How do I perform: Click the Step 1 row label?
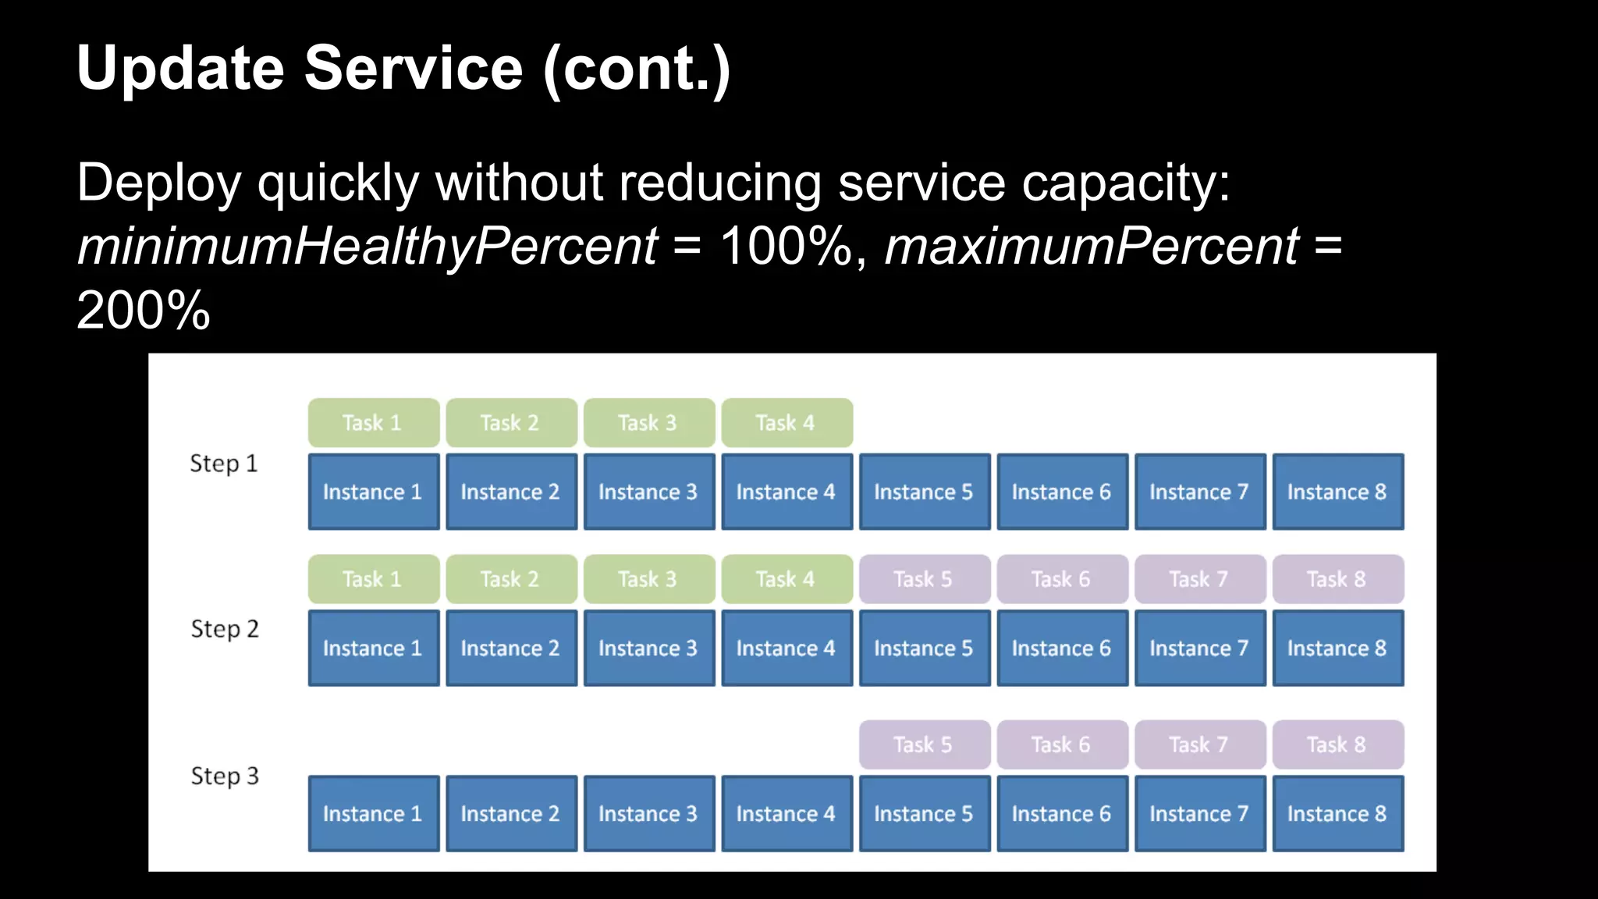coord(223,464)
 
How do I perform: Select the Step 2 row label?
coord(224,629)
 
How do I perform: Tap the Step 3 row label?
coord(224,776)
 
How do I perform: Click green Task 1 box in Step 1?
coord(373,423)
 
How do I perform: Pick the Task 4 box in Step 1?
coord(787,423)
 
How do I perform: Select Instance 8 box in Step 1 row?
coord(1337,492)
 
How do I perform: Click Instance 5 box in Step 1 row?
coord(924,492)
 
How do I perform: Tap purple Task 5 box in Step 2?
coord(924,579)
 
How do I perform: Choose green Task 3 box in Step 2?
coord(648,579)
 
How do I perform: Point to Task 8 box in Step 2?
coord(1337,579)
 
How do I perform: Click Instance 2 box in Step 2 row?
coord(511,648)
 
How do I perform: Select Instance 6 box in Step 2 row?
coord(1062,648)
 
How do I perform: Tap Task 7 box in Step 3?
coord(1199,744)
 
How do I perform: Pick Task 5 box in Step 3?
coord(924,744)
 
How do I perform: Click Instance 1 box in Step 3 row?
coord(373,813)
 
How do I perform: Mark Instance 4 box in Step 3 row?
coord(787,813)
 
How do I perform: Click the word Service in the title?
coord(413,68)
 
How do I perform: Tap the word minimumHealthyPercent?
coord(367,247)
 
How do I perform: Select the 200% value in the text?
coord(144,311)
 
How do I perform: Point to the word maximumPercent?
coord(1092,247)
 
